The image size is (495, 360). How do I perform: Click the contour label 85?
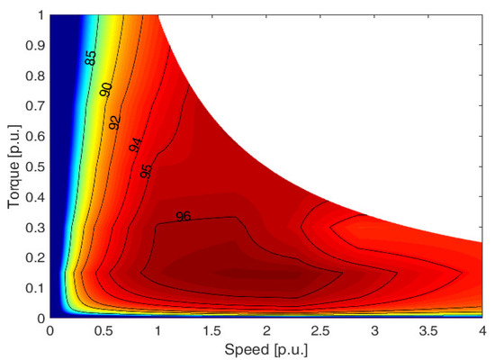91,58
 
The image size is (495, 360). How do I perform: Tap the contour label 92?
114,122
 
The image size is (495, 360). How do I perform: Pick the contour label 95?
147,167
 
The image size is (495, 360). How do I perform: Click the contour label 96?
183,217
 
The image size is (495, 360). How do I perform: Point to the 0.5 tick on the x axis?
103,329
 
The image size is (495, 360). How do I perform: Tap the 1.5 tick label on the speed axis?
212,329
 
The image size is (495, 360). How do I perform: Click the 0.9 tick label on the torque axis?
34,45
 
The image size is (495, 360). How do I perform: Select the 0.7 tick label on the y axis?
34,105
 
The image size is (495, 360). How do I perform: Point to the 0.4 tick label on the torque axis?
34,196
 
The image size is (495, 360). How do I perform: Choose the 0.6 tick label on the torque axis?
34,136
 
